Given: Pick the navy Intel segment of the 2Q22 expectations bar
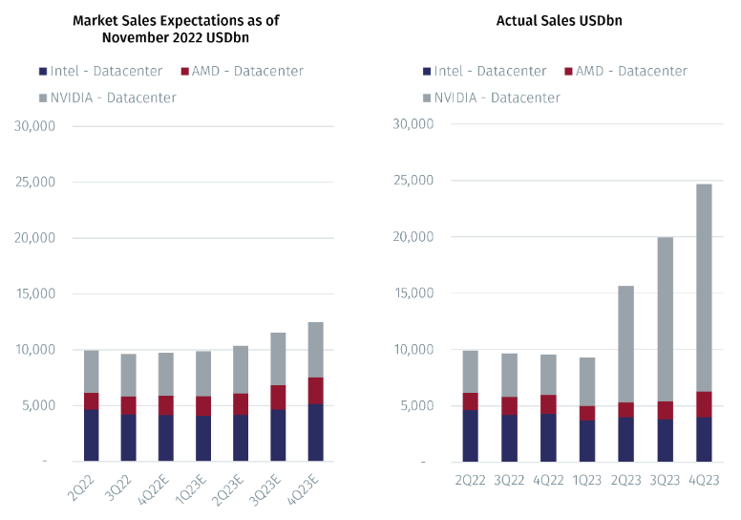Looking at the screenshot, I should click(x=91, y=435).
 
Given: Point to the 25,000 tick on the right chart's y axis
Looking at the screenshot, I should click(x=413, y=181).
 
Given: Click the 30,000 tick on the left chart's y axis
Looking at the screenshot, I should click(x=36, y=126).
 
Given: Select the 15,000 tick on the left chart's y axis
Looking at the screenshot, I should click(x=36, y=293).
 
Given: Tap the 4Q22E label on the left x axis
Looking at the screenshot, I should click(x=156, y=485).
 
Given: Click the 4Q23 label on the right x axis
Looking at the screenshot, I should click(x=703, y=479).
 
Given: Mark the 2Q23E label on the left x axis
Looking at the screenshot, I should click(x=230, y=485).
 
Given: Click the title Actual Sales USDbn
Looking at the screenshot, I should click(x=560, y=21).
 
